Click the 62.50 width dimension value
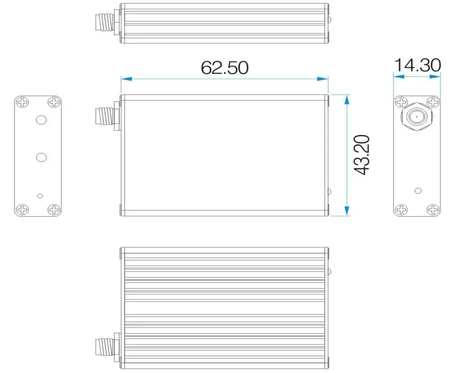[x=224, y=67]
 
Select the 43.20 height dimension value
[x=362, y=155]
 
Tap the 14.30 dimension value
[x=417, y=65]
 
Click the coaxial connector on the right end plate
[x=416, y=117]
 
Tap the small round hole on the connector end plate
[x=418, y=190]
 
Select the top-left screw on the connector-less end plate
[x=22, y=102]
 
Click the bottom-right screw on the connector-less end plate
[x=54, y=210]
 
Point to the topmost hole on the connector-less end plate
[x=42, y=120]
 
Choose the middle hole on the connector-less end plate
[x=42, y=157]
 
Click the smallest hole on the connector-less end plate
[x=40, y=195]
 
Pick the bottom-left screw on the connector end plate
[x=401, y=210]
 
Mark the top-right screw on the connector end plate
[x=433, y=102]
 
